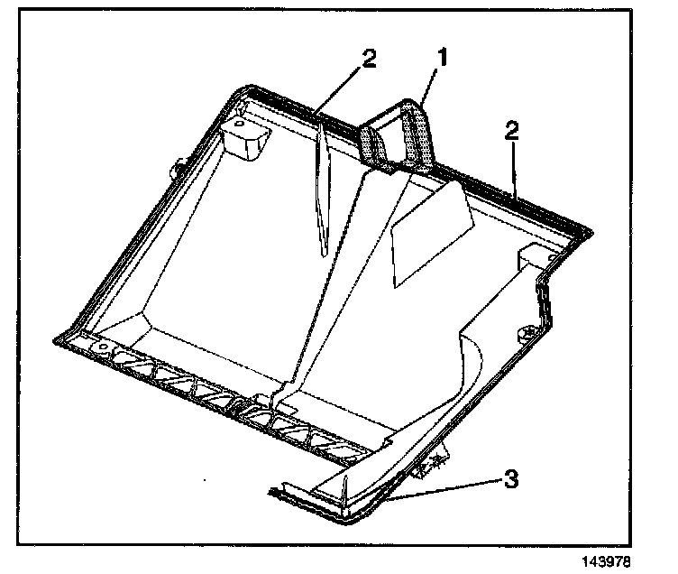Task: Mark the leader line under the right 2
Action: click(x=513, y=168)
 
